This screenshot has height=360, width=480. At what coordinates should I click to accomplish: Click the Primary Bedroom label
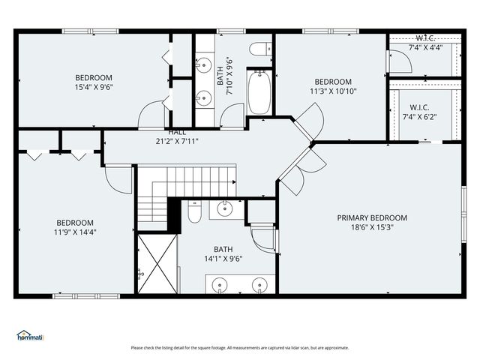pos(372,218)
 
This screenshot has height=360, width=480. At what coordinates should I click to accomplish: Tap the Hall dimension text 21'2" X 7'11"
pos(177,142)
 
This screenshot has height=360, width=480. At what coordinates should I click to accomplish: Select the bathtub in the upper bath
pos(259,92)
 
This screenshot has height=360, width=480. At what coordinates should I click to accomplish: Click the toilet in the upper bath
pos(260,49)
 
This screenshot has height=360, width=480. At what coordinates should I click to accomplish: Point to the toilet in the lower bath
pos(194,211)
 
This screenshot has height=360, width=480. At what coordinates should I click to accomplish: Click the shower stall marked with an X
pos(157,264)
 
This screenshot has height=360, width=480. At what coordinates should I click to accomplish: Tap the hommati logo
pos(30,335)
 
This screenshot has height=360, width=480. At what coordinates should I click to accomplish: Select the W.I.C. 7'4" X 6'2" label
pos(419,112)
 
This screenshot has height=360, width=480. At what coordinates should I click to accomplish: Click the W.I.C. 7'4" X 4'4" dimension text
pos(426,48)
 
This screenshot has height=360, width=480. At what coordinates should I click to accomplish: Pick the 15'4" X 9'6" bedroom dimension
pos(94,87)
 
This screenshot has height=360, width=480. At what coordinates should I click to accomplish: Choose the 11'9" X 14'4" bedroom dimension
pos(75,232)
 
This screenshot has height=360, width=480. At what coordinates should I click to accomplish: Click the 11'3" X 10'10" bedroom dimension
pos(333,91)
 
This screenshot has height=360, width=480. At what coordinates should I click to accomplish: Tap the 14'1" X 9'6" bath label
pos(223,259)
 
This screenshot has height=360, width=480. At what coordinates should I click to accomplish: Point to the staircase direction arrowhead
pos(234,182)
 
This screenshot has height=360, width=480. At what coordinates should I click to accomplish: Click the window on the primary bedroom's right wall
pos(464,214)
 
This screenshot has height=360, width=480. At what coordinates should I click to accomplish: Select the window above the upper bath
pos(231,31)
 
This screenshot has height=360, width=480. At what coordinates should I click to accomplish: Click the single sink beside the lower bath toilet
pos(225,208)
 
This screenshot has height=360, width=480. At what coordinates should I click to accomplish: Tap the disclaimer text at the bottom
pos(240,348)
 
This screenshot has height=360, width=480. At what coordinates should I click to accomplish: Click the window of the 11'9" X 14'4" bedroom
pos(86,296)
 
